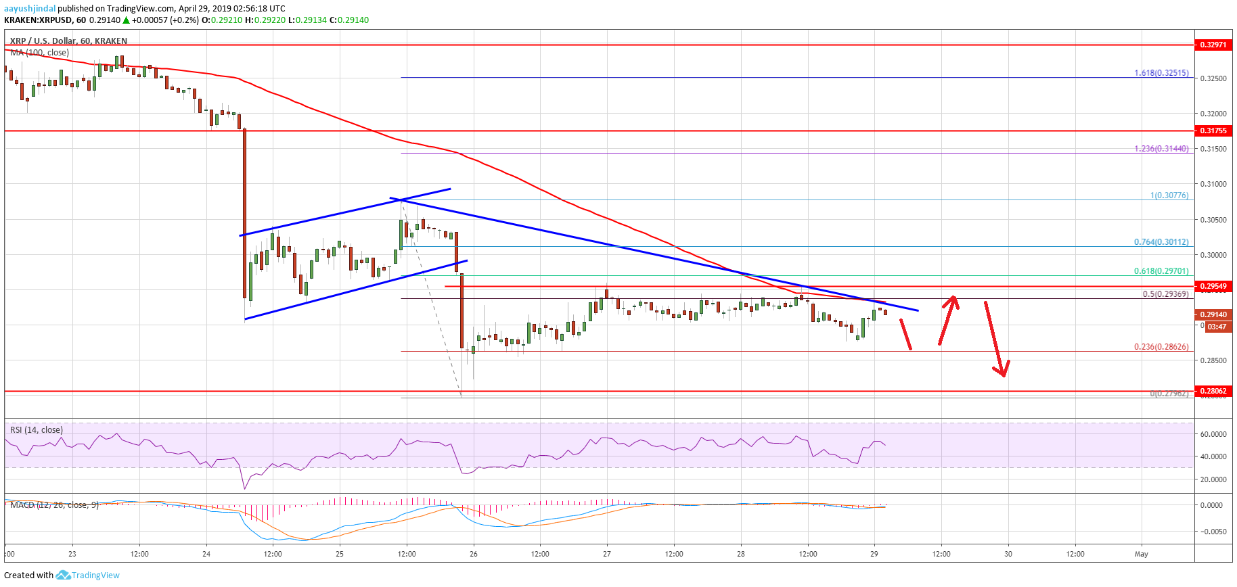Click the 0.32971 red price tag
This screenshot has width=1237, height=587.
(x=1213, y=45)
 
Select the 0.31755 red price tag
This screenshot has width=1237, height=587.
(x=1213, y=131)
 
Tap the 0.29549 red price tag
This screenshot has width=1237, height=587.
(x=1213, y=286)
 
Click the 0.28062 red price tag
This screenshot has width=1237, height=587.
(x=1213, y=391)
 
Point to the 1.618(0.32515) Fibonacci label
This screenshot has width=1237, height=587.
(x=1161, y=73)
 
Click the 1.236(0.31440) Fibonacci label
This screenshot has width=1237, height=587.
(x=1161, y=149)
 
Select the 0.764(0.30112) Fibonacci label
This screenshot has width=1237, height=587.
(x=1161, y=242)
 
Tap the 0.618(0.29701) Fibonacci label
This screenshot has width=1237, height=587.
(x=1161, y=271)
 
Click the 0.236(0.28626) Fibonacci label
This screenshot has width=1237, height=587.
(x=1161, y=347)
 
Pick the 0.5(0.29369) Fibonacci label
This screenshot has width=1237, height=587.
(x=1165, y=294)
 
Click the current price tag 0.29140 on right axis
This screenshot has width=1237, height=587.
(x=1213, y=314)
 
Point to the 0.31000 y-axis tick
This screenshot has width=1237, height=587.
(x=1213, y=184)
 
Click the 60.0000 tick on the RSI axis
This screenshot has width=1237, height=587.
(x=1213, y=434)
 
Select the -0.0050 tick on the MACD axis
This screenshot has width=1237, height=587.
(x=1213, y=532)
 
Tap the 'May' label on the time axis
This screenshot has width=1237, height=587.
(x=1141, y=554)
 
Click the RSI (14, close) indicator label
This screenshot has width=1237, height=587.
(x=37, y=430)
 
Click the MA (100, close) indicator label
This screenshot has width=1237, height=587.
(x=39, y=53)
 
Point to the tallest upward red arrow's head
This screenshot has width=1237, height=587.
(x=953, y=299)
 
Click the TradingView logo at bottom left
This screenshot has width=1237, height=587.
(x=88, y=575)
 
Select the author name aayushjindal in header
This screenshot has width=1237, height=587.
(x=30, y=9)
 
